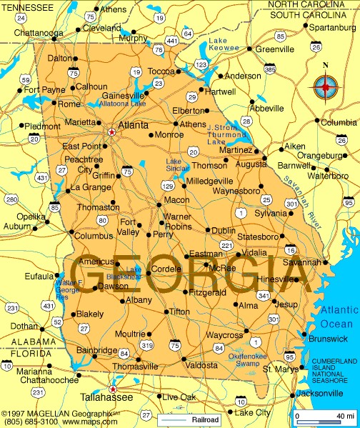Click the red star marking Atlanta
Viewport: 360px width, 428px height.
click(111, 131)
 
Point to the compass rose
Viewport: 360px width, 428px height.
click(326, 86)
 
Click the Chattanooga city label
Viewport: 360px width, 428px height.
click(39, 32)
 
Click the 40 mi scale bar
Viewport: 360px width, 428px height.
click(326, 416)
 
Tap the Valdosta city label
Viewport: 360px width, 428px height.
click(201, 365)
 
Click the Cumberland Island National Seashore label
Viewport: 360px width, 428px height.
click(335, 370)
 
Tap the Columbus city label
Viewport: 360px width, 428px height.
click(94, 235)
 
